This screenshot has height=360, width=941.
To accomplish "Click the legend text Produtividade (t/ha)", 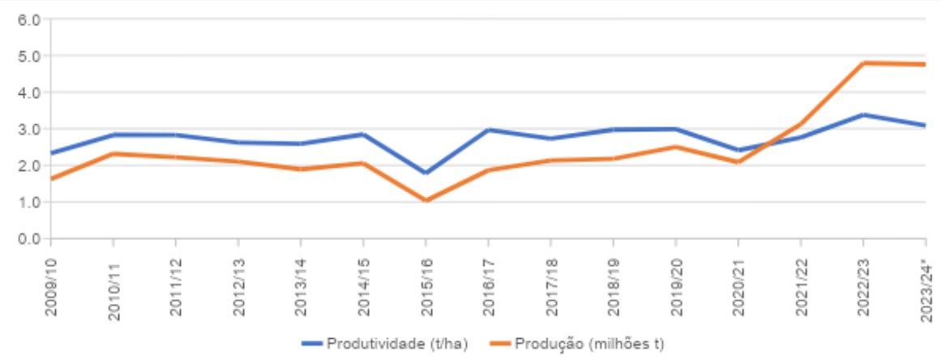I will tap(397, 344).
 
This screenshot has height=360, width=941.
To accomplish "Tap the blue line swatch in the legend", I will tap(312, 344).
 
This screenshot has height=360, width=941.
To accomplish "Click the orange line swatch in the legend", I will tap(503, 344).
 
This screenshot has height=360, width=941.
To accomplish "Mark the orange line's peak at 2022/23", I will tap(863, 63).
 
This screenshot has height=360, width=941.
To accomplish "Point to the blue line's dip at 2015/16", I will tap(426, 173).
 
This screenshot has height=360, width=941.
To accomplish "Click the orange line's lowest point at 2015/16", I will tap(426, 200).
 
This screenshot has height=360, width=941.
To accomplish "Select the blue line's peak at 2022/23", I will tap(863, 115).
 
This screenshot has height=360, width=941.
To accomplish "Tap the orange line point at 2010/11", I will tap(113, 154).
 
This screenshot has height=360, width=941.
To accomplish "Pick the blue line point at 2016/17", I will tap(488, 130).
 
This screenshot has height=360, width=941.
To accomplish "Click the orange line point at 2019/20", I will tap(676, 147).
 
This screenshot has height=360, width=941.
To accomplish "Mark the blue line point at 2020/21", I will tap(738, 150).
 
